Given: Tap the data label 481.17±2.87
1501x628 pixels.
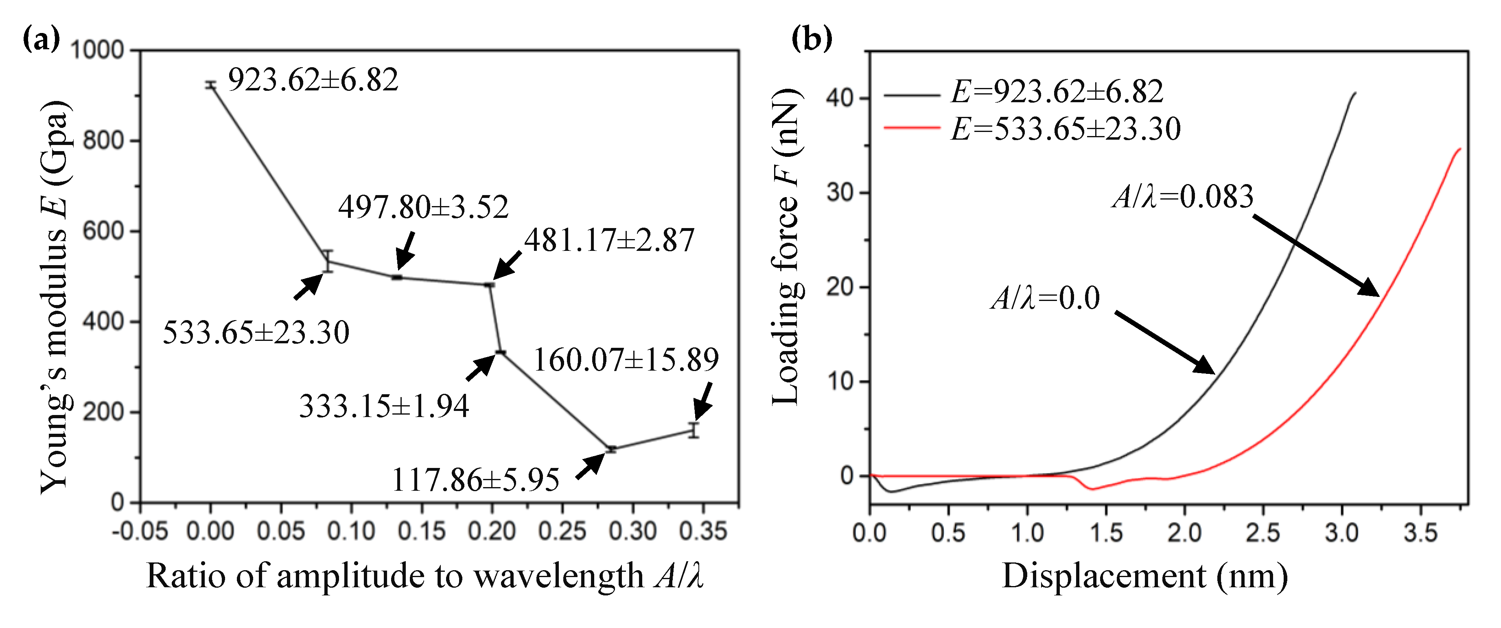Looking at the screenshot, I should pyautogui.click(x=609, y=240).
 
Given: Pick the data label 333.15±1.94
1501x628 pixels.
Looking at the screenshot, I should pyautogui.click(x=384, y=406).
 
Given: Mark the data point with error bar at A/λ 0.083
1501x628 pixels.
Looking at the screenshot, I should pyautogui.click(x=328, y=261).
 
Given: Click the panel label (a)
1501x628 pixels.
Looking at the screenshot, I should pyautogui.click(x=41, y=40).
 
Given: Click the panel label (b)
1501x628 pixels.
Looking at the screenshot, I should pyautogui.click(x=811, y=40).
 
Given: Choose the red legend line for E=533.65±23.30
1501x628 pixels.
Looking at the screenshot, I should pyautogui.click(x=912, y=127).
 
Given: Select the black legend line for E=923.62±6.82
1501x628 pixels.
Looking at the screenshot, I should pyautogui.click(x=912, y=94).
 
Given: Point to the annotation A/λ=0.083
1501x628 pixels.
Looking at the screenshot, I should pyautogui.click(x=1182, y=197).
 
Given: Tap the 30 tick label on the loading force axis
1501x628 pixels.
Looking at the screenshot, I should pyautogui.click(x=840, y=192).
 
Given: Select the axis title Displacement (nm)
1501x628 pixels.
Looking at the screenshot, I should pyautogui.click(x=1144, y=576).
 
